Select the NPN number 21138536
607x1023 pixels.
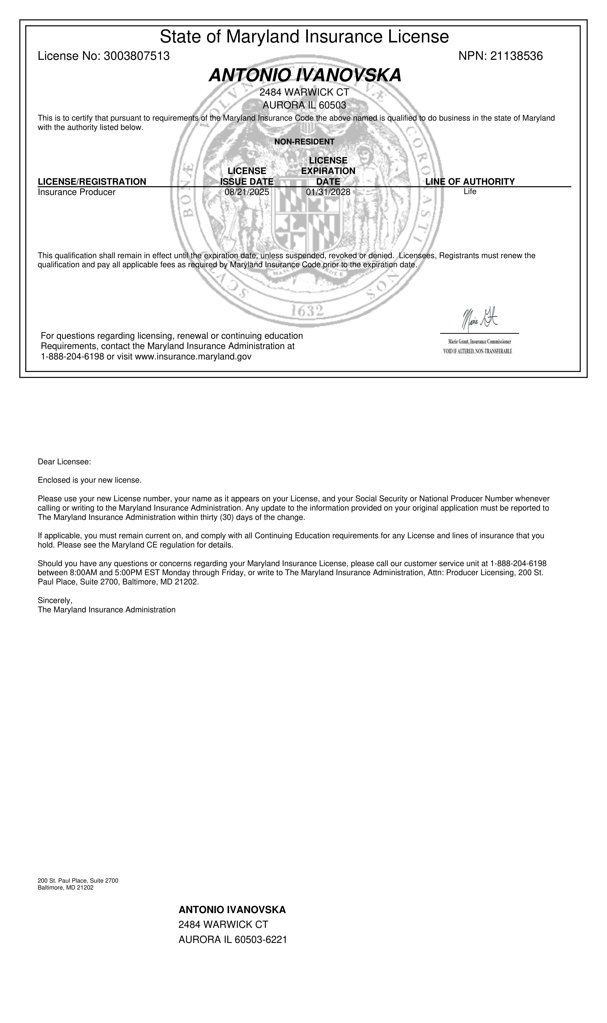pyautogui.click(x=516, y=56)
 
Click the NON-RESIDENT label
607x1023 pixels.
pyautogui.click(x=304, y=142)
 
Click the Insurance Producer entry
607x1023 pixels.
pyautogui.click(x=76, y=192)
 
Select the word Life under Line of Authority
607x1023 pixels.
pyautogui.click(x=470, y=191)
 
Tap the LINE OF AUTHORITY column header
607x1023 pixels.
pyautogui.click(x=470, y=181)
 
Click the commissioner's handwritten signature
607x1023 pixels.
pyautogui.click(x=479, y=319)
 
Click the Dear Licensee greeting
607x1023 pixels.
pyautogui.click(x=64, y=462)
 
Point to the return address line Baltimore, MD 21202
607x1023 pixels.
pyautogui.click(x=65, y=887)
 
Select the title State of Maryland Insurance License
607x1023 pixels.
pyautogui.click(x=304, y=37)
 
